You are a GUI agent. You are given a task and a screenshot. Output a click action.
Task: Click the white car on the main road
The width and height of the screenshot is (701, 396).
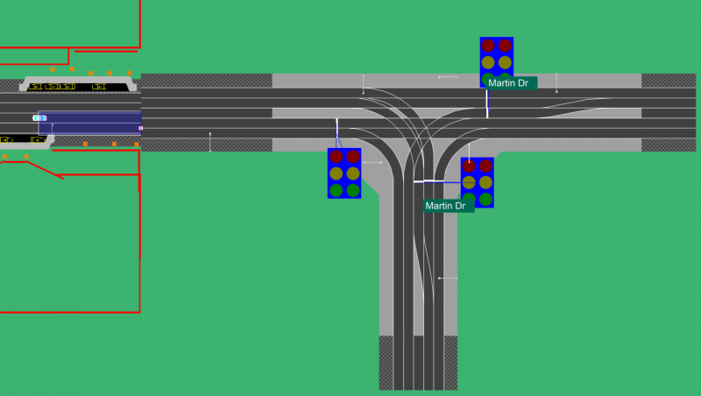coord(39,118)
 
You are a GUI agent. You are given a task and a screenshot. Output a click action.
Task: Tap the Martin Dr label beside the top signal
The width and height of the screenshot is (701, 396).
coord(508,83)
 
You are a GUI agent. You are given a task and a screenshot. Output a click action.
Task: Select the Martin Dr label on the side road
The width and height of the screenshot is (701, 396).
coord(445,206)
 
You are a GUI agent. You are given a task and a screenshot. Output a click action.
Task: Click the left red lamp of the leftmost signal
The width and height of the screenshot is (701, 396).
coord(336,157)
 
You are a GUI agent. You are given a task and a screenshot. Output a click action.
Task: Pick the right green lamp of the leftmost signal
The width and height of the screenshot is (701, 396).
coord(353,190)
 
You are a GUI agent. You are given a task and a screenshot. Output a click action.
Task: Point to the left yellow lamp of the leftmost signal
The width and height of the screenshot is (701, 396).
coord(336,173)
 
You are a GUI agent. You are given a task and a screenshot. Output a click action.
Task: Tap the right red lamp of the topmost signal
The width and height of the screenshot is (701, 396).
coord(506,46)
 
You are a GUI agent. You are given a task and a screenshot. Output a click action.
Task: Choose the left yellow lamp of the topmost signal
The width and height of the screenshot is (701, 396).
coord(488,62)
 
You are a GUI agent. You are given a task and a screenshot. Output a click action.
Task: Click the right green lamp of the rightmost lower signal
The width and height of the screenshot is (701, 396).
coord(486,200)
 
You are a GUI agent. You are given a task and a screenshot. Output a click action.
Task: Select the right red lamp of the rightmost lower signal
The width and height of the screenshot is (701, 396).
coord(486,166)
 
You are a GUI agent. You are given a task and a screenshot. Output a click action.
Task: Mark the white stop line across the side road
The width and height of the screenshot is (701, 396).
coord(429,181)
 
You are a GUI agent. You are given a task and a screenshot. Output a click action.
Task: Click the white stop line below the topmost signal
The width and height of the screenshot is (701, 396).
coord(487,104)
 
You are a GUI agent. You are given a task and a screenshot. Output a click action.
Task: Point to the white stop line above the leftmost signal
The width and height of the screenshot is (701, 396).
coord(337,127)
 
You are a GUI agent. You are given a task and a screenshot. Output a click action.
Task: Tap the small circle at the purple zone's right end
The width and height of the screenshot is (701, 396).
coord(141,128)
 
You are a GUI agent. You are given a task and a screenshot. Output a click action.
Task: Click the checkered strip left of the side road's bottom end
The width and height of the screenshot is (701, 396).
coord(386,363)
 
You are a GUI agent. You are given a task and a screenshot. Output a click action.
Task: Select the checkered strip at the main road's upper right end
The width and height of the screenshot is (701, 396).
coord(669,81)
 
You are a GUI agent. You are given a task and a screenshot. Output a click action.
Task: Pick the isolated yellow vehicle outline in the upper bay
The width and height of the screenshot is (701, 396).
coord(99,86)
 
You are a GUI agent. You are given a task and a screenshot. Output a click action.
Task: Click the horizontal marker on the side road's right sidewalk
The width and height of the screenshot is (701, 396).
coord(448,278)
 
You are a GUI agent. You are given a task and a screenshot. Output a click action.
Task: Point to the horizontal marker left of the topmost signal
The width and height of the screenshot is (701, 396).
coord(448,77)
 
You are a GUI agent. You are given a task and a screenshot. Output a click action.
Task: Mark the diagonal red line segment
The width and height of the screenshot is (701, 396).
coord(45,170)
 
